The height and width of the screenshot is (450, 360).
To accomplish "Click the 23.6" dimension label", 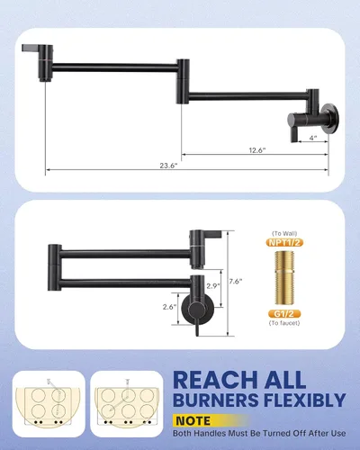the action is (x=168, y=166).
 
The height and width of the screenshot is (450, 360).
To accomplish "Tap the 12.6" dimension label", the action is (x=257, y=150).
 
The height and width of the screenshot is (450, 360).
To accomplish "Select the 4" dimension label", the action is (x=313, y=138).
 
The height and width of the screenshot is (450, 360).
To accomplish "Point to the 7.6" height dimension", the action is (x=236, y=282).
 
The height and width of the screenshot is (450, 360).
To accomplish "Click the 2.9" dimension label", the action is (x=212, y=286).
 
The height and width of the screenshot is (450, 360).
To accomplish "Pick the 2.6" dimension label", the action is (x=169, y=307).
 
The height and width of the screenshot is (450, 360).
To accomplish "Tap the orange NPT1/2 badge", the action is (x=284, y=243).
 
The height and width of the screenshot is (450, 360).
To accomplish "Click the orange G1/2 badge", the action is (x=284, y=314).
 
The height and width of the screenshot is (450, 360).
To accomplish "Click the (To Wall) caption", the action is (x=284, y=234).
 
